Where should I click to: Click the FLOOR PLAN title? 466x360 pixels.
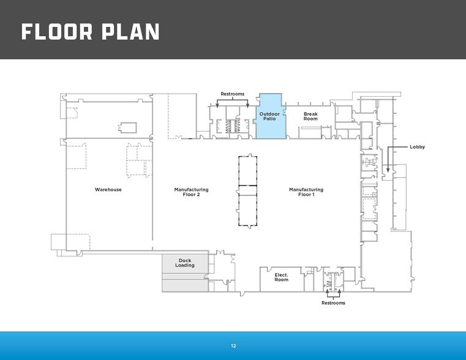[91, 32]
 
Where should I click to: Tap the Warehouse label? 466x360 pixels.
[108, 190]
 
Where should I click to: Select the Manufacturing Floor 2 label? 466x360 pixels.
[192, 192]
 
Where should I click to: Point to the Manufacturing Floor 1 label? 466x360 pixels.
[306, 192]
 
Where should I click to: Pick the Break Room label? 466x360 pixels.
[310, 116]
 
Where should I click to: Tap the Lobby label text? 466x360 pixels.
[417, 147]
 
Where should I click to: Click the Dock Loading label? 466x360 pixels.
[185, 263]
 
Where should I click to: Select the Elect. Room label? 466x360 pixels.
[281, 277]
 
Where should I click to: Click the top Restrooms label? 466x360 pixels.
[233, 94]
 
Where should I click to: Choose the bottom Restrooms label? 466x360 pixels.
[334, 303]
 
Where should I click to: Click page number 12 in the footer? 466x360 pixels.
[233, 346]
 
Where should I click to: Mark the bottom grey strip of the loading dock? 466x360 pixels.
[185, 285]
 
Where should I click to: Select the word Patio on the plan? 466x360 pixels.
[269, 119]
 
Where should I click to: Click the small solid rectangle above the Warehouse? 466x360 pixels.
[128, 128]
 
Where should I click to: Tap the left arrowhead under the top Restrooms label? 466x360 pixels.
[217, 105]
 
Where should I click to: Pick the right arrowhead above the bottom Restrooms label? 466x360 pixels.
[340, 290]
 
